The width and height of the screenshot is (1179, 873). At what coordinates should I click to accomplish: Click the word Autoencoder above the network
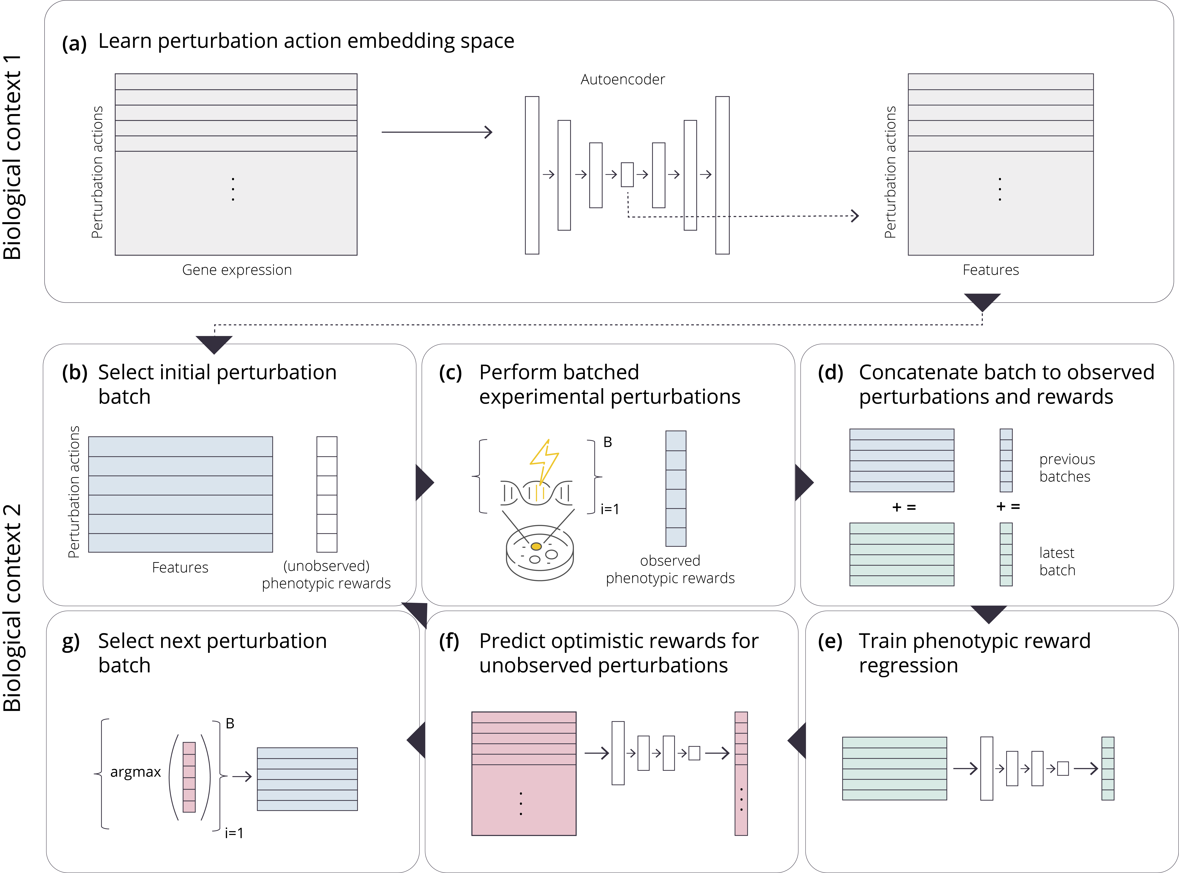click(x=622, y=79)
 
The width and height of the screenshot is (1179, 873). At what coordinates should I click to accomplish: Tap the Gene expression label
click(x=237, y=270)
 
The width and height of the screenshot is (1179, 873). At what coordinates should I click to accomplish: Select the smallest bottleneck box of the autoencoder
click(x=627, y=174)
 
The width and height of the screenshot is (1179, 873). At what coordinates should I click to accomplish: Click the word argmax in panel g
click(x=135, y=772)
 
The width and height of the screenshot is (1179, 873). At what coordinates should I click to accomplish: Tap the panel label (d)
click(x=830, y=372)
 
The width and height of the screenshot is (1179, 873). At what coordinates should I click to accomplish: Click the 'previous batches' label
click(x=1067, y=468)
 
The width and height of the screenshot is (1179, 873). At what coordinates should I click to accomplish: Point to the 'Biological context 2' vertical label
click(x=13, y=608)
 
